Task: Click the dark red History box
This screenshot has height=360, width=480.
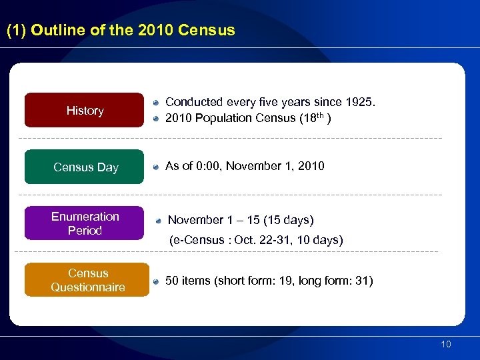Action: coord(85,110)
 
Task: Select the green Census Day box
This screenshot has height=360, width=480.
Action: coord(85,167)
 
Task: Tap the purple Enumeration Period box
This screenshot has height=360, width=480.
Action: coord(85,223)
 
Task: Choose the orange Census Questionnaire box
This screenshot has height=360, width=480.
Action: coord(87,280)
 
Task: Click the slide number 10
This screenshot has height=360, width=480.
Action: coord(445,344)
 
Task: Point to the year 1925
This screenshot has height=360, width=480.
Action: coord(360,102)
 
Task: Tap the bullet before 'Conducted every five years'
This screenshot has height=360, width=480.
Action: coord(155,103)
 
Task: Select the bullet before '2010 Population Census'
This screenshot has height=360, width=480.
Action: coord(155,119)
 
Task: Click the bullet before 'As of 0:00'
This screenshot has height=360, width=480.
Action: coord(155,167)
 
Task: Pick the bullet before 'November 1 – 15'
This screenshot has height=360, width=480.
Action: coord(159,220)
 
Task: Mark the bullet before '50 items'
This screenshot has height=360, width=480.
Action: coord(155,281)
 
